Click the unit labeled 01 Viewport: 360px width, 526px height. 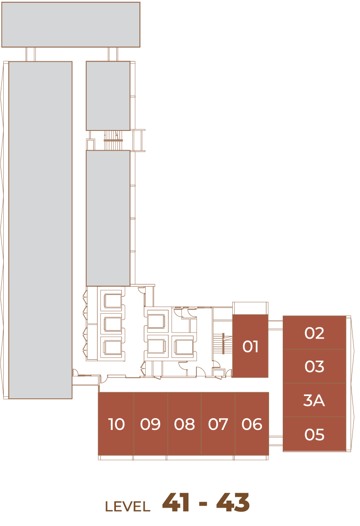(250, 346)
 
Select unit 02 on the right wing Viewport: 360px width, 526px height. (314, 332)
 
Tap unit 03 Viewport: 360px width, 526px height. (314, 366)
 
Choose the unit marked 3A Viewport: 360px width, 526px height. (314, 400)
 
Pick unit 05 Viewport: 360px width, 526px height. (314, 434)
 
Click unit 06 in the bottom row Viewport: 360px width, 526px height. (252, 423)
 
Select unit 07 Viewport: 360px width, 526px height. (218, 423)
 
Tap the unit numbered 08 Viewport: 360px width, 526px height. (184, 423)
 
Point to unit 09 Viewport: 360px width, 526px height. (150, 423)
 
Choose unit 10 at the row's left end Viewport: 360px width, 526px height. (116, 423)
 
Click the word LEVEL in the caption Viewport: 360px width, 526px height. (127, 507)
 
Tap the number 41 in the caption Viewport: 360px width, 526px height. (176, 503)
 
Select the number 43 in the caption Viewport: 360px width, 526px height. (233, 503)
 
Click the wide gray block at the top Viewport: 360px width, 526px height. (71, 24)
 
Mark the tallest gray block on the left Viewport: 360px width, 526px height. (40, 230)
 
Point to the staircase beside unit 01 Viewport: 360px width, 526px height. (223, 344)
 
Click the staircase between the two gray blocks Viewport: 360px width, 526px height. (113, 140)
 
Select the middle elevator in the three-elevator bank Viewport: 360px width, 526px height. (112, 324)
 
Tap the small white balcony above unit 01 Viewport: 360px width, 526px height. (250, 308)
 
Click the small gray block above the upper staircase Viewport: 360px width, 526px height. (108, 96)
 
